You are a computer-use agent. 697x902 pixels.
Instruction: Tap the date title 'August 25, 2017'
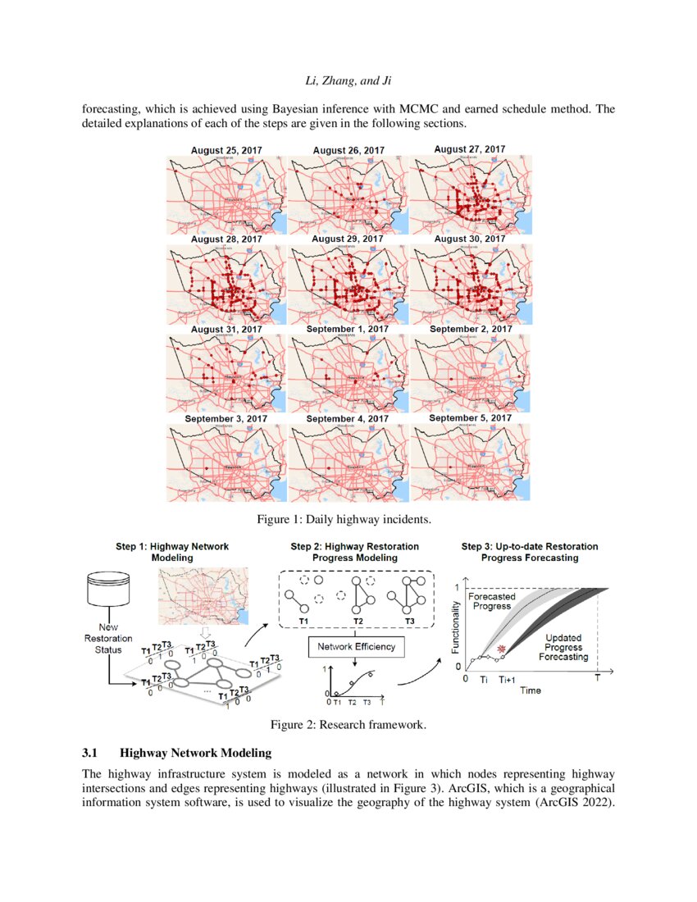coord(226,150)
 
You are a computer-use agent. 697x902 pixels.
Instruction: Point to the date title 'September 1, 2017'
coord(348,330)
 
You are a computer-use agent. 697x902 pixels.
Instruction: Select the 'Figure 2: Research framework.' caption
coord(348,724)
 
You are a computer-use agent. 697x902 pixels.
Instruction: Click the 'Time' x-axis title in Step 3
coord(530,690)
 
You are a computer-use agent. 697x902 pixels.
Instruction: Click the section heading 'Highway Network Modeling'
coord(195,752)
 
